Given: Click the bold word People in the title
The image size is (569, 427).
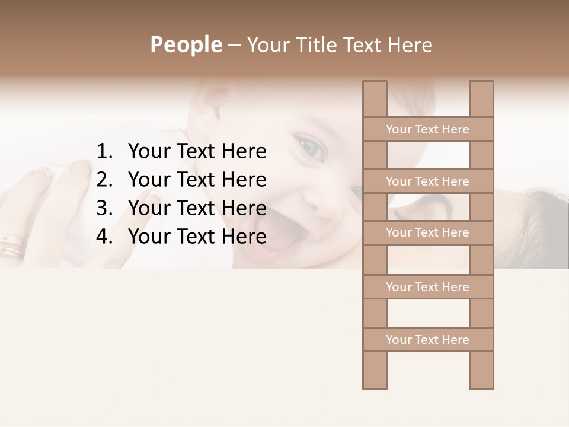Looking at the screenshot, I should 186,44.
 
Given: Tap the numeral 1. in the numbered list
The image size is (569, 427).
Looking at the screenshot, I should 104,152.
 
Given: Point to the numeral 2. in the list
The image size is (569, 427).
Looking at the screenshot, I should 104,180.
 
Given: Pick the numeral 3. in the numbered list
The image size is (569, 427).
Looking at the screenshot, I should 104,208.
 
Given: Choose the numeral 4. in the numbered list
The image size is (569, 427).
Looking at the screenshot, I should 104,237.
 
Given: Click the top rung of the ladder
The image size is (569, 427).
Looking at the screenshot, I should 427,129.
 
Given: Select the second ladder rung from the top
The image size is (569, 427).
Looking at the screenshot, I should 427,181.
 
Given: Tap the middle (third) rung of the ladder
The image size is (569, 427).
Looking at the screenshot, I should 427,233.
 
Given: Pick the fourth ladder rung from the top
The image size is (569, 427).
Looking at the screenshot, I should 427,287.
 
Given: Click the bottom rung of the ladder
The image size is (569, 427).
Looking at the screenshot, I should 427,340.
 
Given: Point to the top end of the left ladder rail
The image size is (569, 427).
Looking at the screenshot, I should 375,83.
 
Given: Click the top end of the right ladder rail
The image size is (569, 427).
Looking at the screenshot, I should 481,83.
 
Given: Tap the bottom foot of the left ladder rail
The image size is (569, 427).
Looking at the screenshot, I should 375,387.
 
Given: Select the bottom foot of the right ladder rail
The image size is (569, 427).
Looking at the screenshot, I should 481,387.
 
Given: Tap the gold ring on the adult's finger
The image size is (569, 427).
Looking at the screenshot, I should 11,244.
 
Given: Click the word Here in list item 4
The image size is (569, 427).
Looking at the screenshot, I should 243,237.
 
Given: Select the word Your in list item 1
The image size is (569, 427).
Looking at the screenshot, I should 148,152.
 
